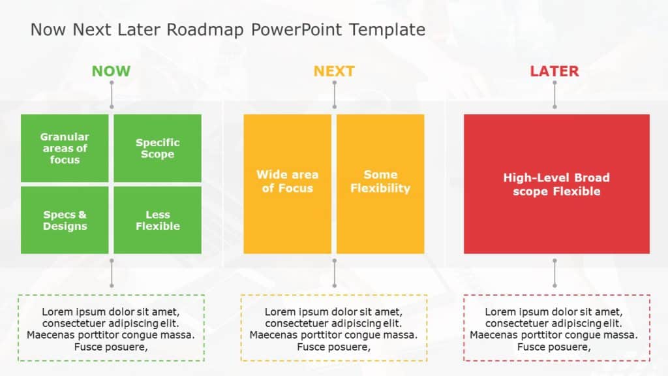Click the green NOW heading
111,71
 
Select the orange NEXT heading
334,71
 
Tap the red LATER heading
554,71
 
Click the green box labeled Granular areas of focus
65,148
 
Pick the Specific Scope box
157,148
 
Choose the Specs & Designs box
65,221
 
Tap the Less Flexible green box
157,221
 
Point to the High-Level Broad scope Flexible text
556,185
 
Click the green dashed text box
111,328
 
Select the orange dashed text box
334,328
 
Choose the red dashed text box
556,328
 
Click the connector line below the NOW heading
112,95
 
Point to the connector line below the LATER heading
555,95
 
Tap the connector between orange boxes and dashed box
335,273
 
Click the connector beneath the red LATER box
555,273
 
